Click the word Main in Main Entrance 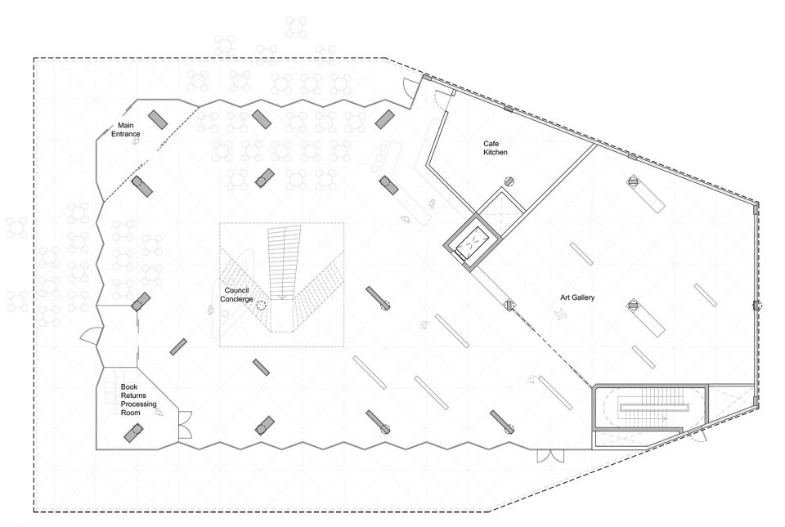click(126, 126)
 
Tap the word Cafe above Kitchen click(491, 144)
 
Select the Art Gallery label click(577, 297)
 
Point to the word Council click(236, 291)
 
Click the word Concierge click(236, 299)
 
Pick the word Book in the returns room click(129, 386)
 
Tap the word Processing click(139, 404)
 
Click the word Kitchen click(496, 153)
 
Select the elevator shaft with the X click(472, 243)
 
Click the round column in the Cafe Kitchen click(509, 181)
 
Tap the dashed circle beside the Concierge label click(262, 306)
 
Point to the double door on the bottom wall click(550, 455)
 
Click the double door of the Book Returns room click(186, 425)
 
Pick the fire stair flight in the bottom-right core click(650, 407)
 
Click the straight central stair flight click(284, 263)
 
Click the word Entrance click(126, 134)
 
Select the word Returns click(133, 395)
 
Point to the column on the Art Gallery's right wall click(756, 306)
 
